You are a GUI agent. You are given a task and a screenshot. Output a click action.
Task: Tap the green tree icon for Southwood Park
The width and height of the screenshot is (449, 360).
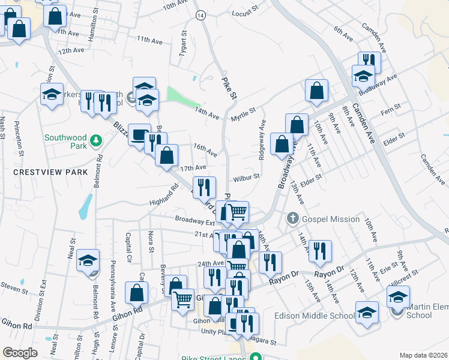coord(95,141)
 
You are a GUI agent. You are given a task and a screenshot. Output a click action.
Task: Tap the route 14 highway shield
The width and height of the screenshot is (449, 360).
coord(200,14)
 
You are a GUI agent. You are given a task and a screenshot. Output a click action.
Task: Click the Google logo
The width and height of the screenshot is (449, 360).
coord(20,353)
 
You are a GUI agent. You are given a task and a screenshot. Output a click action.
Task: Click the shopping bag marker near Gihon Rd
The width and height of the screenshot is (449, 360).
coord(136,293)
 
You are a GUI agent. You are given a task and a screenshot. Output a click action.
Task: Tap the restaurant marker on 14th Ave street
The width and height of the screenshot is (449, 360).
coord(319,251)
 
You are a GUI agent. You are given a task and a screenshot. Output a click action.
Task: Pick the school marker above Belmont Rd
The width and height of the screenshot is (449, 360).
coord(88,260)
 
